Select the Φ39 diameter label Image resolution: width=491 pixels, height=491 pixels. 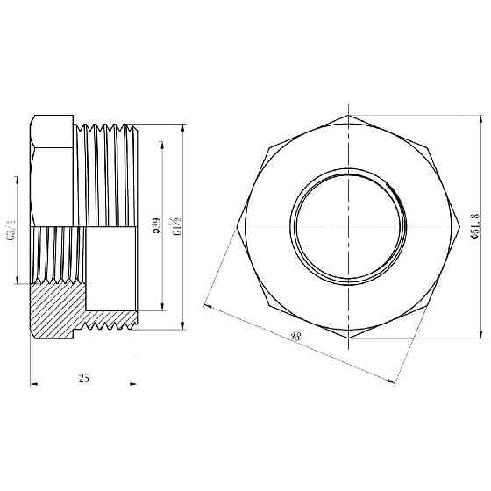155,229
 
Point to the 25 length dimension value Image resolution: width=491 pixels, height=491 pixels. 84,378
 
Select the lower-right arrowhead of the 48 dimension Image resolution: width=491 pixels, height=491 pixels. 388,379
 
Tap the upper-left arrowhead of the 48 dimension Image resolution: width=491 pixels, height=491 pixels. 207,306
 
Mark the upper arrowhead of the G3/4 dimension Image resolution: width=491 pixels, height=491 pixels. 15,179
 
